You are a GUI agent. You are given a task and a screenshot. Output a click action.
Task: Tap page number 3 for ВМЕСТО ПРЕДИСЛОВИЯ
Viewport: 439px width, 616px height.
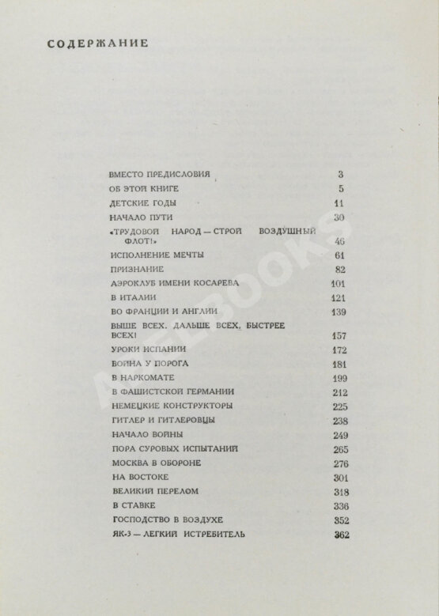coord(342,174)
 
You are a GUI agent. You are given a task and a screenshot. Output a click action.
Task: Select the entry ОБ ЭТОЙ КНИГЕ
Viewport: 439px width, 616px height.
coord(144,189)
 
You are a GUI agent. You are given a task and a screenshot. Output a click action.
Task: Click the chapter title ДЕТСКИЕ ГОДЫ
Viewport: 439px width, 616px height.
coord(139,203)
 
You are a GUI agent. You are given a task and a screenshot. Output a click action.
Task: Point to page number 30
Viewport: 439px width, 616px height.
coord(341,217)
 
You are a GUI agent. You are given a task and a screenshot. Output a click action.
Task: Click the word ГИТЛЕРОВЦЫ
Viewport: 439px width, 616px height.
coord(185,420)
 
